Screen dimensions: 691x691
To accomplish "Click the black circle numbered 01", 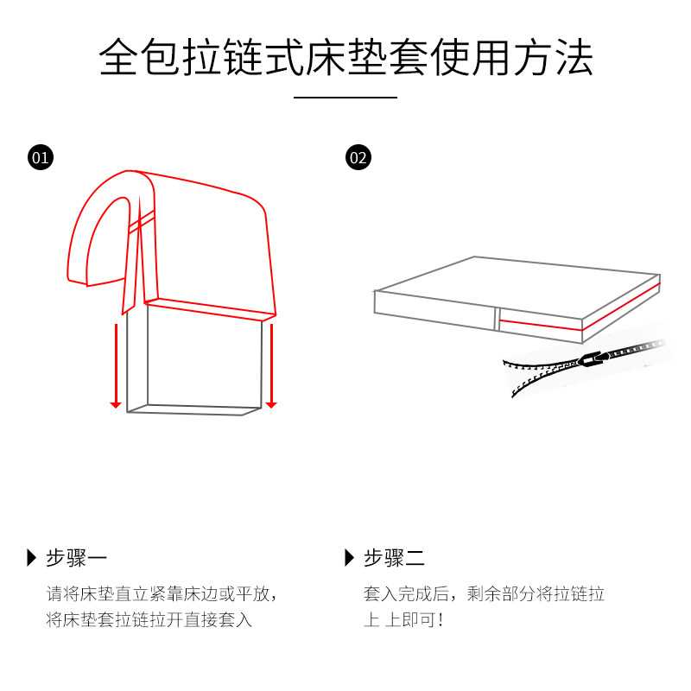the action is pyautogui.click(x=41, y=157).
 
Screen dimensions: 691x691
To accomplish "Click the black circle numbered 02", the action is pyautogui.click(x=358, y=157).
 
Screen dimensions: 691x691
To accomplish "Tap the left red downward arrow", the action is pyautogui.click(x=115, y=363).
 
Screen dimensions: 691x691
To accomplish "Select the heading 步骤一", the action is pyautogui.click(x=77, y=557).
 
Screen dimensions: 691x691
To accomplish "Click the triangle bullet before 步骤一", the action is pyautogui.click(x=32, y=557).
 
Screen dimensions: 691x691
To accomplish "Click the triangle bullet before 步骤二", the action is pyautogui.click(x=349, y=557).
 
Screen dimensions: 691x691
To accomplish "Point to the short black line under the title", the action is pyautogui.click(x=345, y=98).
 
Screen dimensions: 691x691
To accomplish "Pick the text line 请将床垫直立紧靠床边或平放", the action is pyautogui.click(x=162, y=594).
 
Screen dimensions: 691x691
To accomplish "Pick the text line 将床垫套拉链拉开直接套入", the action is pyautogui.click(x=149, y=620).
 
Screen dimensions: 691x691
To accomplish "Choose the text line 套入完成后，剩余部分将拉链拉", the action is pyautogui.click(x=484, y=594).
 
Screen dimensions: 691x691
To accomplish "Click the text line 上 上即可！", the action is pyautogui.click(x=403, y=620).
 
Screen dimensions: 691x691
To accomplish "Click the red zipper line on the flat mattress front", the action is pyautogui.click(x=539, y=325).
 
